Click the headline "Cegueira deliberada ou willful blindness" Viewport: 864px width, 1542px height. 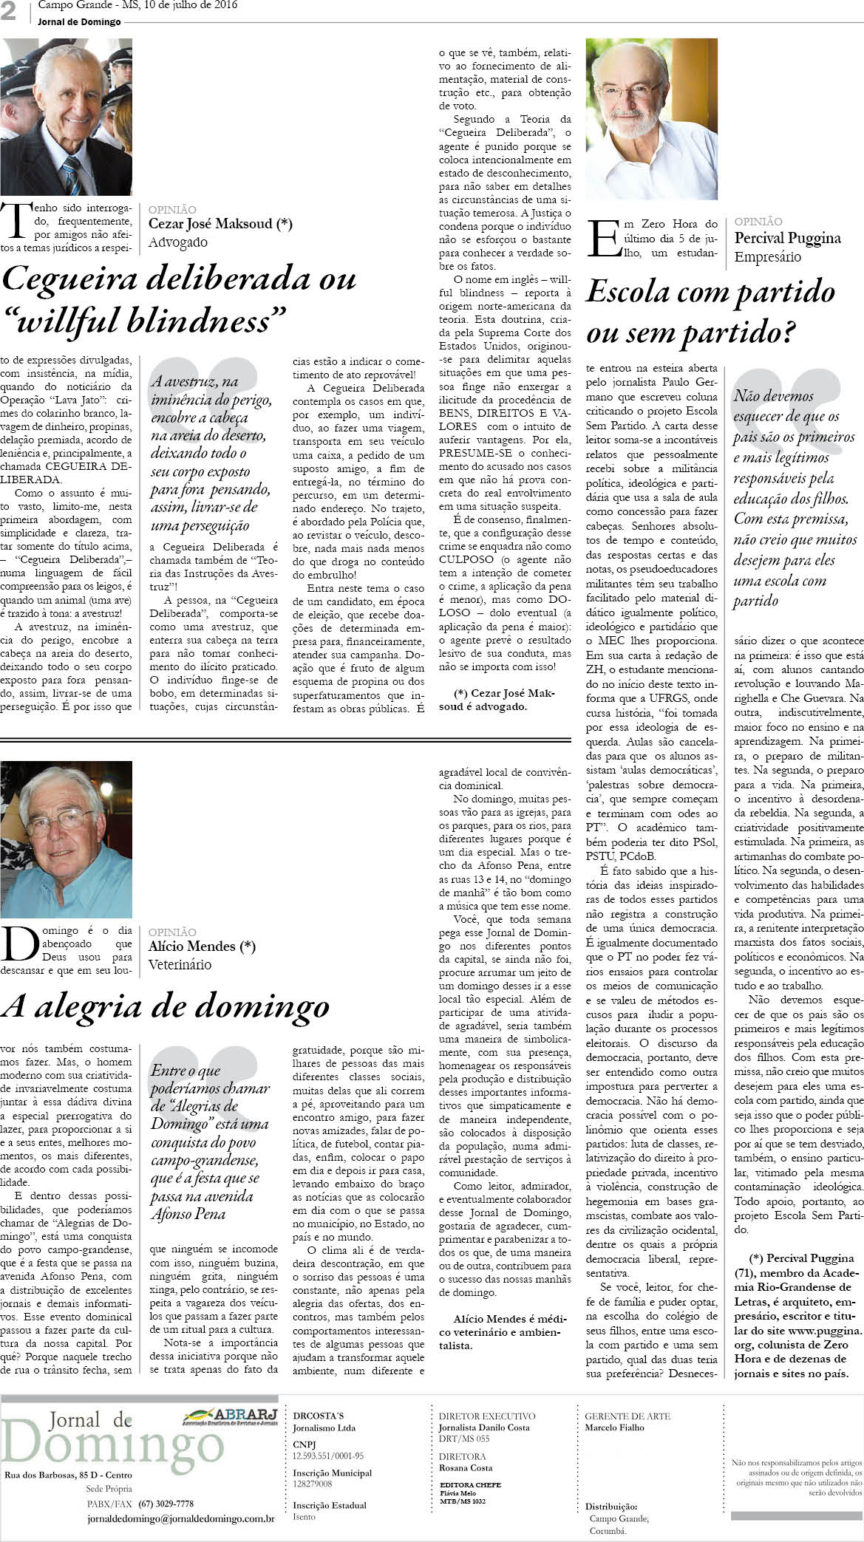point(180,299)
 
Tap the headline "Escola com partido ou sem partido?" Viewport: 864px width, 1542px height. point(710,312)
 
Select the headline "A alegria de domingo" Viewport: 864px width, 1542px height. point(166,1006)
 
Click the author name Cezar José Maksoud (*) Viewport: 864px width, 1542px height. point(220,224)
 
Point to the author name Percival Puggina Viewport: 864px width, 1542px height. point(787,238)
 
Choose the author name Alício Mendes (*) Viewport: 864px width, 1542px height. point(202,946)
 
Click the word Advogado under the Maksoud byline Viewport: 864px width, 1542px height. point(178,242)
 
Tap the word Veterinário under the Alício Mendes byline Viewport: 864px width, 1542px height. point(180,964)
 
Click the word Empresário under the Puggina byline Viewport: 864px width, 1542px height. point(767,256)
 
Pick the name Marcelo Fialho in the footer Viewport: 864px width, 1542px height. point(614,1427)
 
